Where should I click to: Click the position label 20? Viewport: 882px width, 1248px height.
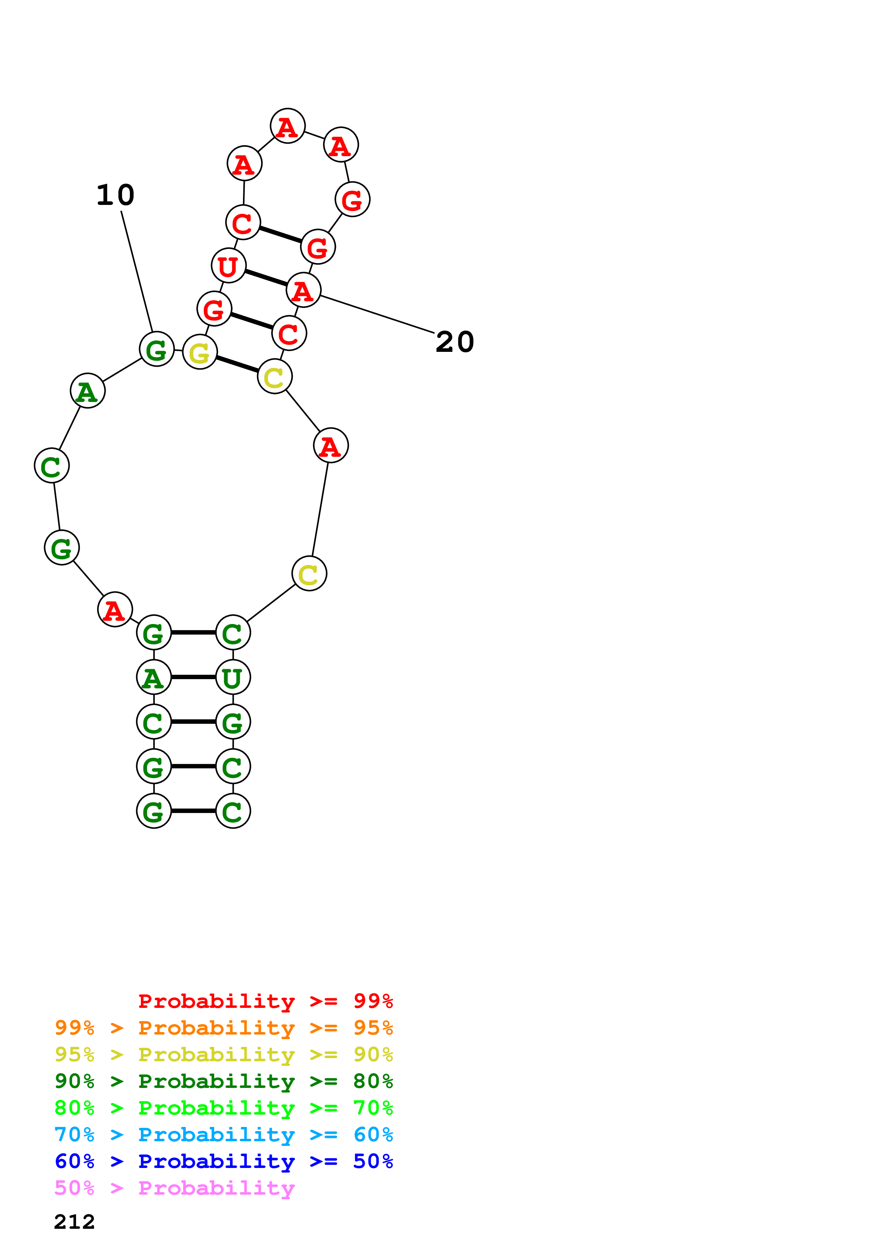[454, 342]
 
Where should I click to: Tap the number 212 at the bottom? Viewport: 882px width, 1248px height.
[74, 1221]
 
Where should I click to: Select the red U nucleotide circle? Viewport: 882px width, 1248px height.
[228, 266]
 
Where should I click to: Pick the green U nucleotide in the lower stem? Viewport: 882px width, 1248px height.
[233, 677]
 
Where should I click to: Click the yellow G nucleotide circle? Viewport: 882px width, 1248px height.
[200, 352]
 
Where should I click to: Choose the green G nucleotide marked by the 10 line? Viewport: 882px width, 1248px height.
[157, 349]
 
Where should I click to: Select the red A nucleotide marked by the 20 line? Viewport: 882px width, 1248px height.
[303, 290]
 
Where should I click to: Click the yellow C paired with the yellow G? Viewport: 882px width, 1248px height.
[274, 377]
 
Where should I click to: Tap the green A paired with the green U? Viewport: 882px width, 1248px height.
[154, 677]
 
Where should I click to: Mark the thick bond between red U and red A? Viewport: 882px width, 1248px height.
[266, 278]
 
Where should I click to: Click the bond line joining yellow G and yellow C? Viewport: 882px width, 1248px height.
[237, 364]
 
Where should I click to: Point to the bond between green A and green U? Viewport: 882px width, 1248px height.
[193, 677]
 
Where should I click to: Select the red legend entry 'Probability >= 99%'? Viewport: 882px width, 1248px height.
[265, 1001]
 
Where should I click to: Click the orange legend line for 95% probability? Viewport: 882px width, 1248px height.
[223, 1028]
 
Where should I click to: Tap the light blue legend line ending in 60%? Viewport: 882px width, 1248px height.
[223, 1135]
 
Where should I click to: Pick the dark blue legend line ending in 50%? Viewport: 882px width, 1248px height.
[223, 1161]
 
